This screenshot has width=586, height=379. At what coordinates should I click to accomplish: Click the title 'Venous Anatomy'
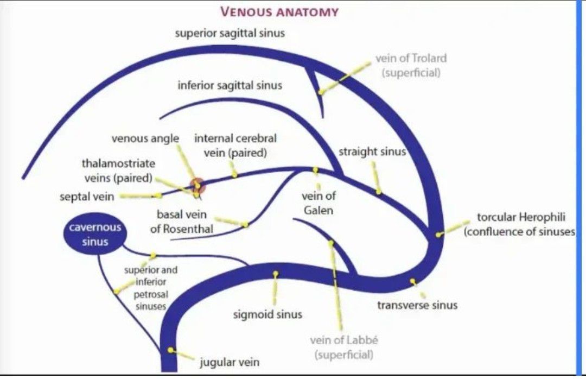pos(279,11)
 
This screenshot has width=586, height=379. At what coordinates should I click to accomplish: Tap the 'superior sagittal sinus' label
pos(230,33)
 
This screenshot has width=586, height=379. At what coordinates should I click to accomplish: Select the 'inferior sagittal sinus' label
pos(230,85)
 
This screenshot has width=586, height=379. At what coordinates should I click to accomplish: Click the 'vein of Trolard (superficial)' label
pos(411,65)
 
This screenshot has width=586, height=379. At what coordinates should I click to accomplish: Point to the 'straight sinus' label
pos(372,151)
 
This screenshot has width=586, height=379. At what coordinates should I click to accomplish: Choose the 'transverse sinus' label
pos(417,305)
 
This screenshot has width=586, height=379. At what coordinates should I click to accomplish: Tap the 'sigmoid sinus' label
pos(267,314)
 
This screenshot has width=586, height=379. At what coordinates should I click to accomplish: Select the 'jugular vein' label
pos(230,362)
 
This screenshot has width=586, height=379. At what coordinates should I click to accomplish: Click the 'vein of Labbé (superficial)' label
pos(344,348)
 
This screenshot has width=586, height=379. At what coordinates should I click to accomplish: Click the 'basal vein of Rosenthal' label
pos(181,222)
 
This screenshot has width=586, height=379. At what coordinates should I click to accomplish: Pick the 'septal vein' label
pos(87,197)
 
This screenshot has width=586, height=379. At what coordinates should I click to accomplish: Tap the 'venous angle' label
pos(145,138)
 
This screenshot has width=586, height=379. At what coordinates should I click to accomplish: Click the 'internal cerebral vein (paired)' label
pos(235,146)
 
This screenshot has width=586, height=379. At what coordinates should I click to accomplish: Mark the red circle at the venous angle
pos(198,185)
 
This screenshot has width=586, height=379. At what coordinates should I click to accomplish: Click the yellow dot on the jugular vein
pos(171,350)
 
